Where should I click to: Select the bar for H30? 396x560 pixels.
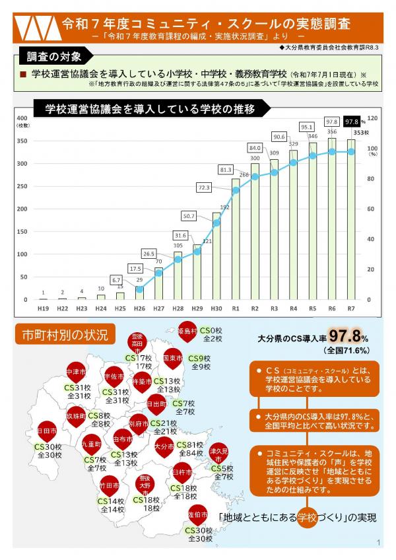216,256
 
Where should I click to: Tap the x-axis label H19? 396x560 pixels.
43,308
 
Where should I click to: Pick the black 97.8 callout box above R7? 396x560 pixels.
351,122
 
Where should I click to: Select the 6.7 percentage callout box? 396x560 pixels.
116,279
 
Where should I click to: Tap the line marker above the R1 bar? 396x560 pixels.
236,190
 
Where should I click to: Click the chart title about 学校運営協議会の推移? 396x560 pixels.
150,109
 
